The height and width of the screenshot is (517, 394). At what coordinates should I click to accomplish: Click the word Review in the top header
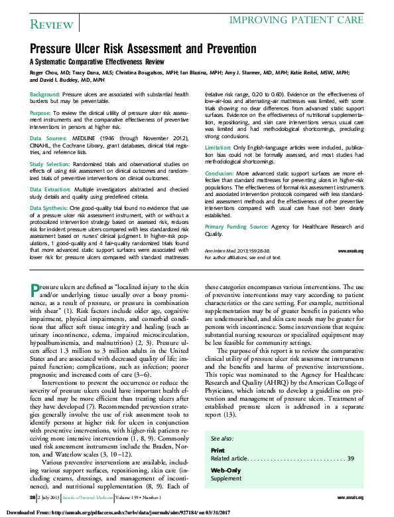click(x=51, y=25)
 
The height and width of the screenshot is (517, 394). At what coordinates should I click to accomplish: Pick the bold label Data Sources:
click(x=47, y=138)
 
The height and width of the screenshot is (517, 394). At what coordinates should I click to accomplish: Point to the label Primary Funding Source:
click(x=237, y=227)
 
